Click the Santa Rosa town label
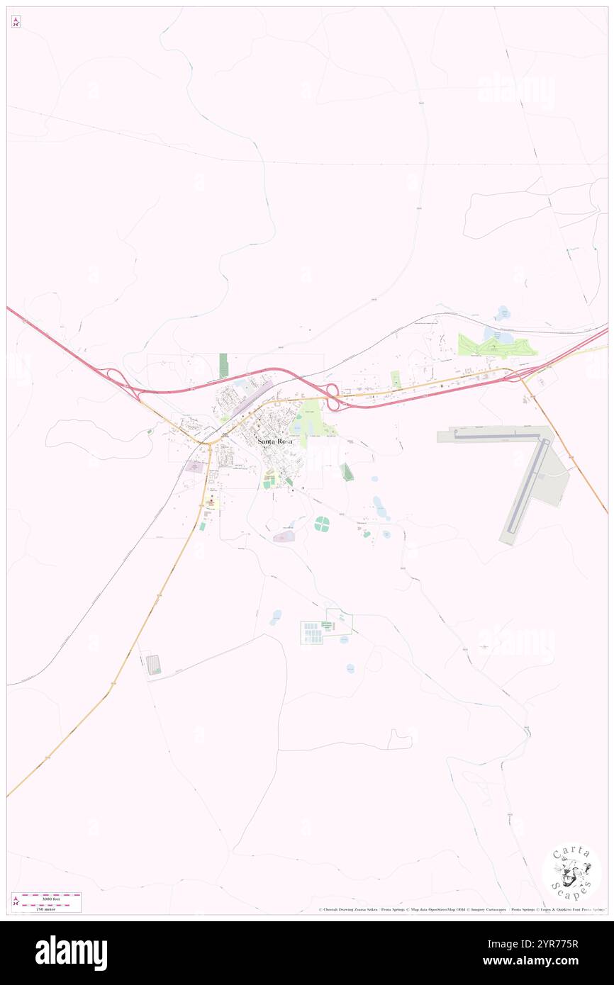click(274, 441)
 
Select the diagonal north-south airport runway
click(528, 489)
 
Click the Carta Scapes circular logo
click(571, 872)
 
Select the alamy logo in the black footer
click(71, 953)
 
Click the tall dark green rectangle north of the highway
click(223, 366)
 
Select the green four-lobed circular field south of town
click(322, 524)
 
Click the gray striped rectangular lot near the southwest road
click(153, 665)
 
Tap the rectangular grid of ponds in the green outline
click(311, 633)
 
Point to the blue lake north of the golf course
click(503, 312)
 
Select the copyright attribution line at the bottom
click(461, 909)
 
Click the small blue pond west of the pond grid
click(275, 617)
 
